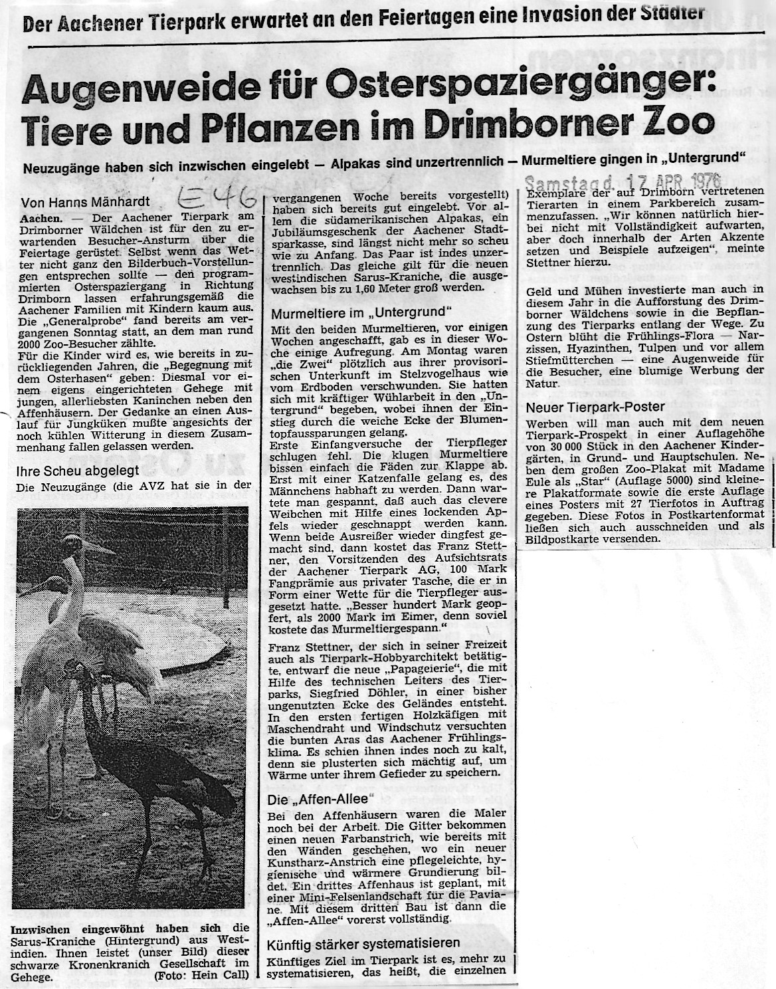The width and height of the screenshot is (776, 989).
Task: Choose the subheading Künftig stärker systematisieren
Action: (x=363, y=944)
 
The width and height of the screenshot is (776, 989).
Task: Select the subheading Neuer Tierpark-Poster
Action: (x=587, y=406)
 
